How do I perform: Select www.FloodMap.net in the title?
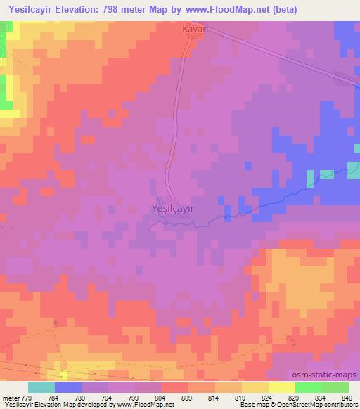tap(223, 10)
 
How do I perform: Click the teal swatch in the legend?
tap(41, 387)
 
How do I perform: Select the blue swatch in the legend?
tap(68, 387)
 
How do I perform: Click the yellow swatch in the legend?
tap(282, 387)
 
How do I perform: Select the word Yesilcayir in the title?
tap(26, 10)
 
